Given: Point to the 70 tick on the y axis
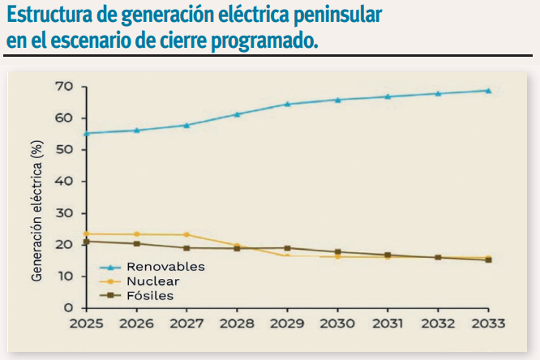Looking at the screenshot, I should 64,86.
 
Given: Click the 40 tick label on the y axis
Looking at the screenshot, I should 64,181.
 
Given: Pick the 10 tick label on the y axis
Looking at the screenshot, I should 64,276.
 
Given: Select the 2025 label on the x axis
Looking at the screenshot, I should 86,323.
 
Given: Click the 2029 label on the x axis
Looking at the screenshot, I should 287,323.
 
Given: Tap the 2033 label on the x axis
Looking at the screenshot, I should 488,323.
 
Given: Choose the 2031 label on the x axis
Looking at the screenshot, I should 388,323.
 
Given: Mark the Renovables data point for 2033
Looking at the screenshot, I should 488,90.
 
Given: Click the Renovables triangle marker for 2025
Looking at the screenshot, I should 86,133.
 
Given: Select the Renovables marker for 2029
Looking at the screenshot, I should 287,104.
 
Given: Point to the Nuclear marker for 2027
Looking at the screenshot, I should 186,235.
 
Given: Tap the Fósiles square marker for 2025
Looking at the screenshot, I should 86,242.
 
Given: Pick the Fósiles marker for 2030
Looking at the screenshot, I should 337,252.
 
